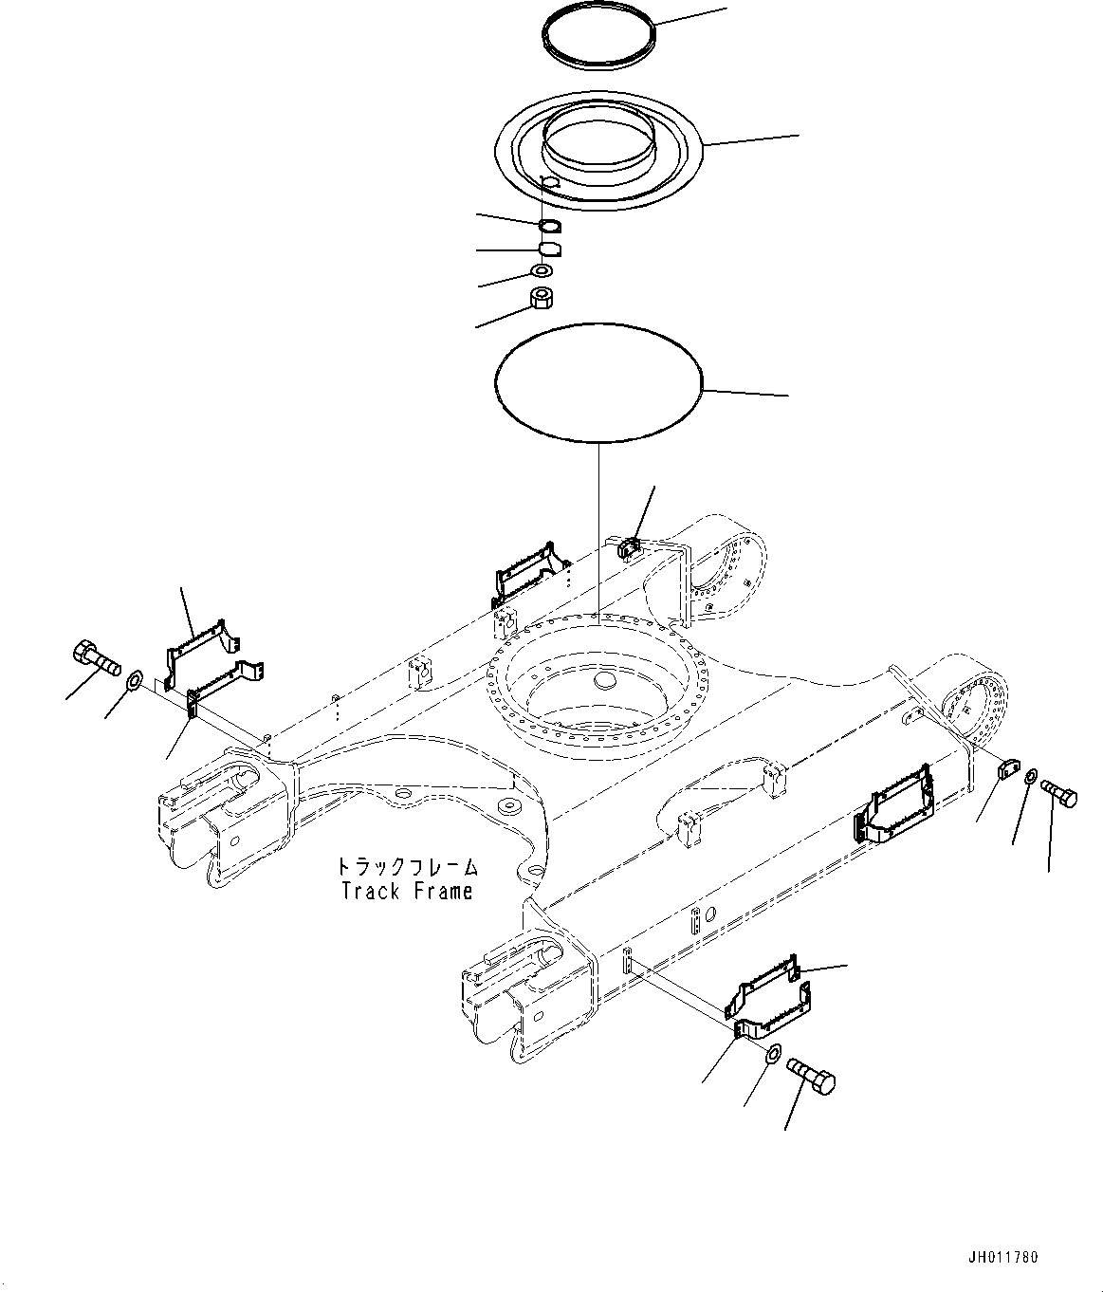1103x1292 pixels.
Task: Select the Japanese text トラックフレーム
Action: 405,867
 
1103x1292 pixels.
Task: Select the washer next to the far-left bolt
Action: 134,679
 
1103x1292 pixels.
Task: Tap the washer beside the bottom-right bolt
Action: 772,1054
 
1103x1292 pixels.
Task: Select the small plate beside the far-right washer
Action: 1007,769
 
